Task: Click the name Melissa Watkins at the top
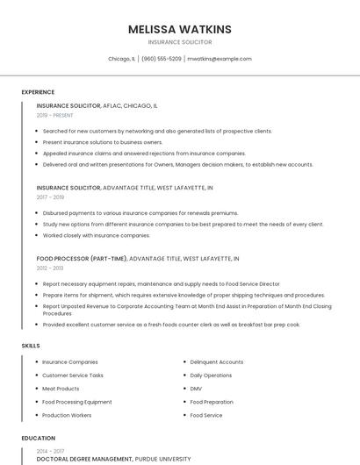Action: (180, 29)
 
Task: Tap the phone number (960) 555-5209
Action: (162, 59)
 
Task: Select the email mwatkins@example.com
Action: (220, 59)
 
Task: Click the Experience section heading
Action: (38, 92)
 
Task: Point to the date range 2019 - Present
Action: (54, 115)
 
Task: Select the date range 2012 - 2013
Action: (50, 268)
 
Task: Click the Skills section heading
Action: (31, 346)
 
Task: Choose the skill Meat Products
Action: (61, 389)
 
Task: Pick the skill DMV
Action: (196, 389)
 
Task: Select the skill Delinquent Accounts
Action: (216, 362)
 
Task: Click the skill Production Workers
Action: (67, 415)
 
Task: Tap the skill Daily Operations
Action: (211, 376)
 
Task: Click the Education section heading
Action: (38, 438)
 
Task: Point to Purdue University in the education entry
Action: (162, 459)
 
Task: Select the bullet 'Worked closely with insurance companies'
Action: (97, 235)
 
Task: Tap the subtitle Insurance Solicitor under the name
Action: (180, 42)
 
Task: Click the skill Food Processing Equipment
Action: (76, 402)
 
